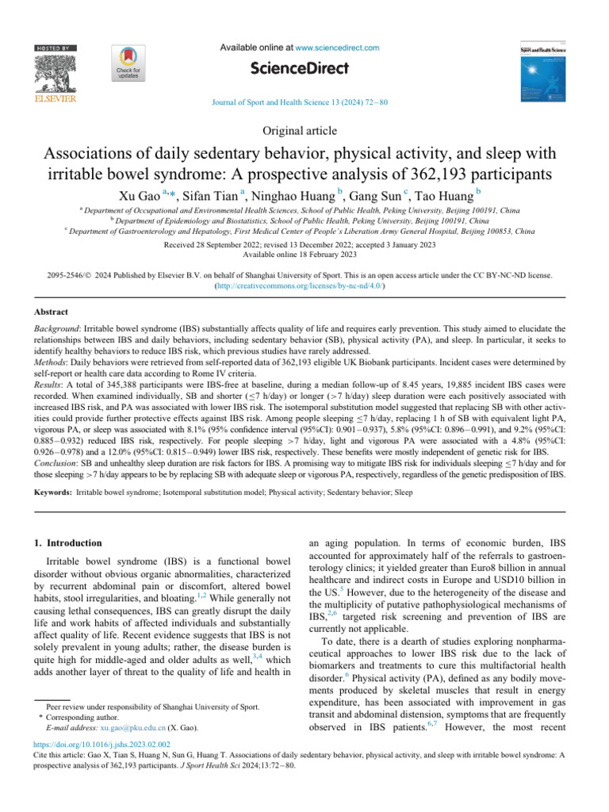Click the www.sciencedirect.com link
click(x=335, y=48)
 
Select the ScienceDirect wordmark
click(x=304, y=68)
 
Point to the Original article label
click(x=304, y=131)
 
